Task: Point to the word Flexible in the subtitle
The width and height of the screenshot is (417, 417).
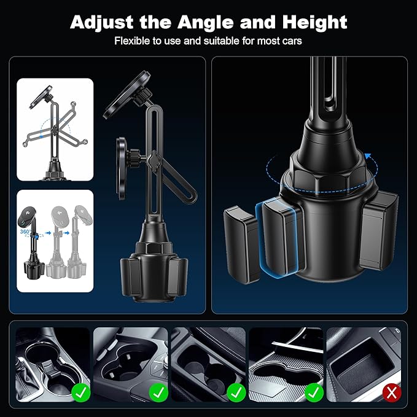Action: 131,42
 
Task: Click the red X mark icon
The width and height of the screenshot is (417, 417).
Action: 389,391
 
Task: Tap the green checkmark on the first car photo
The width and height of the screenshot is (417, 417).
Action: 79,391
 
